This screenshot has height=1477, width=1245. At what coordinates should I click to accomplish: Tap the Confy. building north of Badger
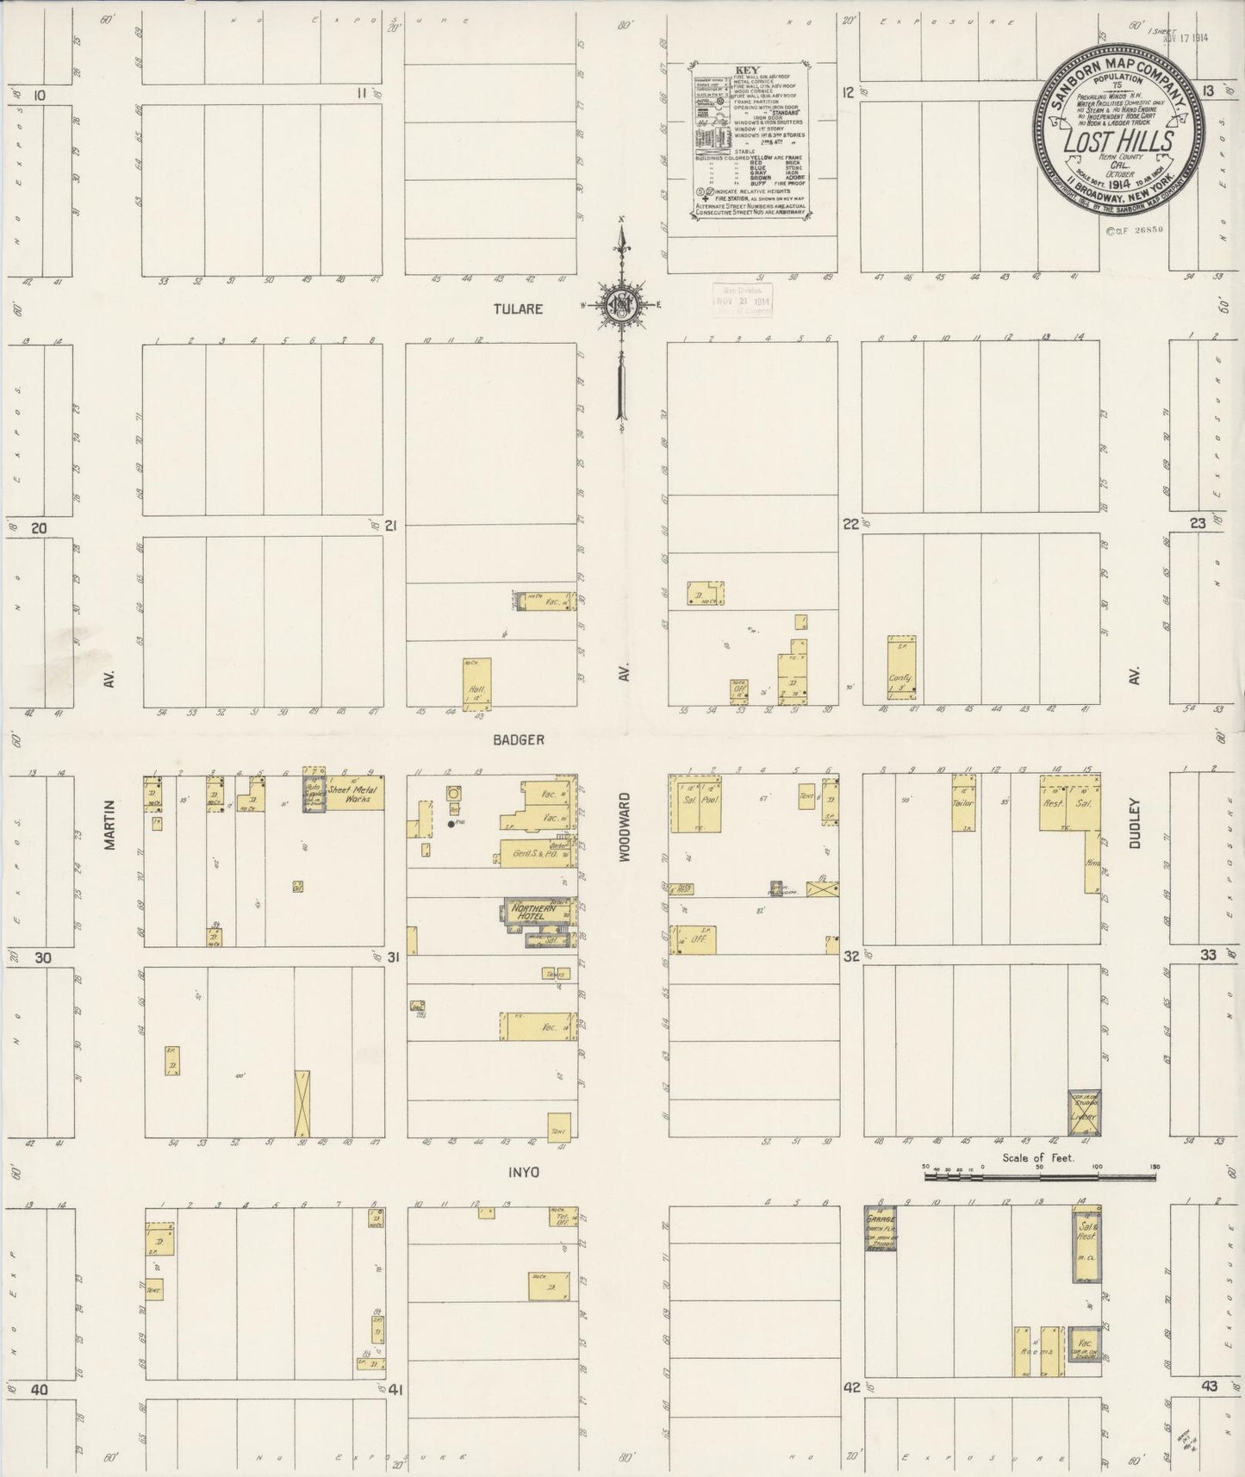tap(901, 668)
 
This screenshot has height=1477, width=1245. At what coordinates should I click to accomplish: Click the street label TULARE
tap(519, 308)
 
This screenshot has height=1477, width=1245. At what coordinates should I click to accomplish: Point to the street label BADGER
tap(519, 739)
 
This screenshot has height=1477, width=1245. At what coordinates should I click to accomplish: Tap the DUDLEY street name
tap(1134, 824)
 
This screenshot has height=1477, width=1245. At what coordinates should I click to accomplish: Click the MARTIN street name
tap(109, 825)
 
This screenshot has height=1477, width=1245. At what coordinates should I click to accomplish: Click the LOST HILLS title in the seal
tap(1119, 142)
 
